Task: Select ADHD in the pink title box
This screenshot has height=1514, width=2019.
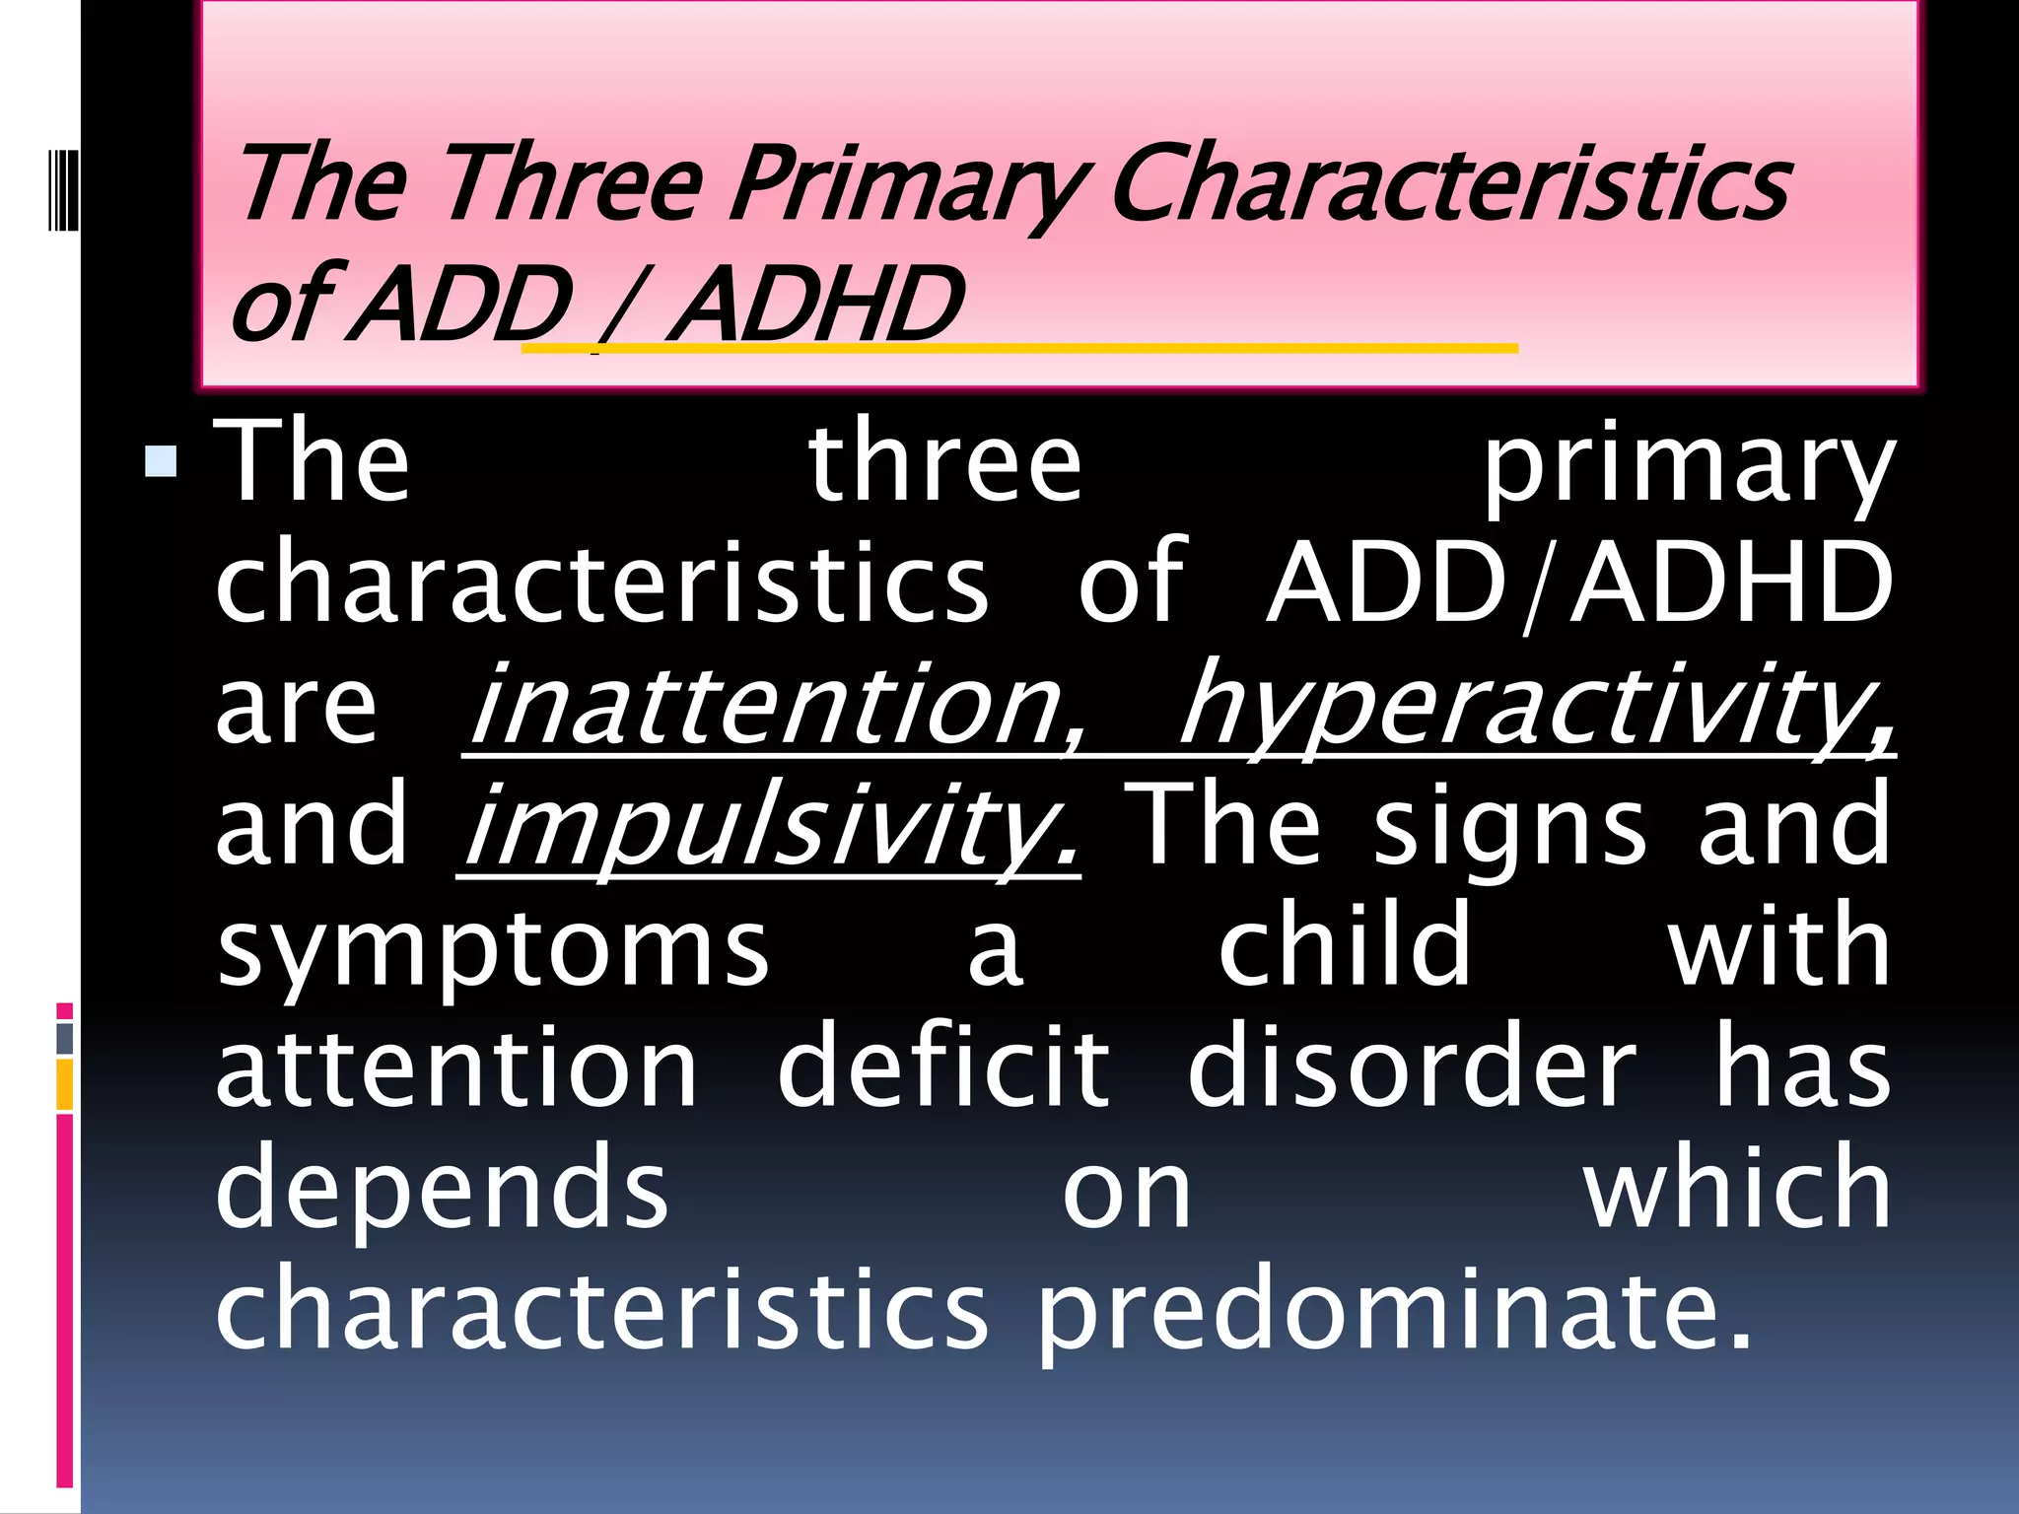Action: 814,305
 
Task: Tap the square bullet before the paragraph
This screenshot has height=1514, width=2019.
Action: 160,461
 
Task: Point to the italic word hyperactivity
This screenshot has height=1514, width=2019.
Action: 1536,705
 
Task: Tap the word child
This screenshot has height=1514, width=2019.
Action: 1345,946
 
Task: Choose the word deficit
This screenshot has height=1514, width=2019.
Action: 943,1067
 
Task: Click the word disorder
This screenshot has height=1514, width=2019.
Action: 1412,1067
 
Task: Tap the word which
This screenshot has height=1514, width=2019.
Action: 1737,1188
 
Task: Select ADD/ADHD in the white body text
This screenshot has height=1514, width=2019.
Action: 1578,584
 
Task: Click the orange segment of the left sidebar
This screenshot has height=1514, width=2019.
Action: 65,1084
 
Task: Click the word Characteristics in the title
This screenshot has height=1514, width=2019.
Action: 1449,184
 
